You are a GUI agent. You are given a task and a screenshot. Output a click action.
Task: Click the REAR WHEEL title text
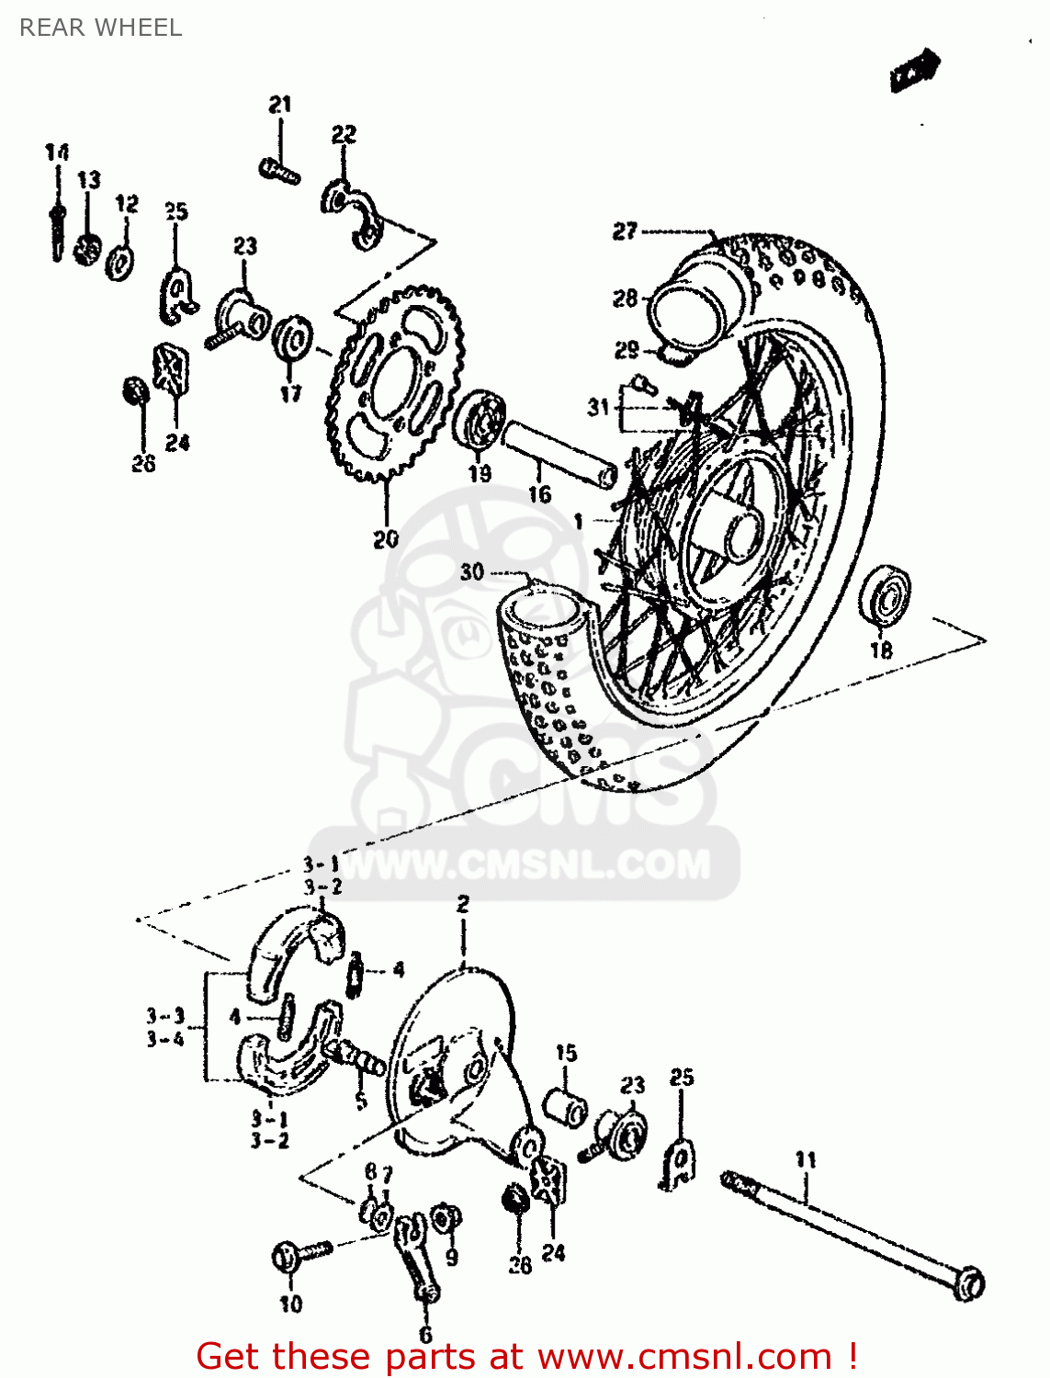click(101, 28)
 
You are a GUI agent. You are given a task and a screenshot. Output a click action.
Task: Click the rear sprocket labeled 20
click(395, 386)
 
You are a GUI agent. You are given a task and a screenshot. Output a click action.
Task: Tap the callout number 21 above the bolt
click(280, 105)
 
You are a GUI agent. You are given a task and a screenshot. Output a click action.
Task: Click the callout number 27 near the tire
click(626, 231)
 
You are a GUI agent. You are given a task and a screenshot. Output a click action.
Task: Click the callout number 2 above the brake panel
click(462, 904)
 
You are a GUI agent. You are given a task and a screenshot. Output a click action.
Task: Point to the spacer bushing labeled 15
click(564, 1106)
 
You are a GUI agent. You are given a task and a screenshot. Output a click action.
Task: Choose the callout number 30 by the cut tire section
click(472, 571)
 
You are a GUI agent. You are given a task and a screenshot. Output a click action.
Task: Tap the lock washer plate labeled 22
click(354, 213)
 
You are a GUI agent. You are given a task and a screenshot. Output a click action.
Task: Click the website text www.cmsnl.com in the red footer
click(684, 1357)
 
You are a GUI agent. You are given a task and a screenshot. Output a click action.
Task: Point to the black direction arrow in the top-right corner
click(915, 70)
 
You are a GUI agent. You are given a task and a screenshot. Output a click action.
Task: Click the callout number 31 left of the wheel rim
click(598, 406)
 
